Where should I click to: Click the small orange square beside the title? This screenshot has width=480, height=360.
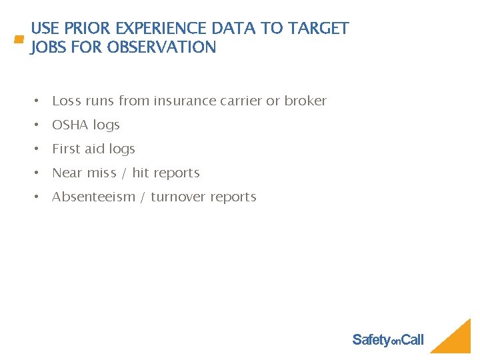pos(19,40)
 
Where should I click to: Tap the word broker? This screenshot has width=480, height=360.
pos(305,101)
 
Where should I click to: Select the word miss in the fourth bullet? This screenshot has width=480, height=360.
pos(101,173)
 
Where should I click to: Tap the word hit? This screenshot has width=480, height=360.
pos(141,173)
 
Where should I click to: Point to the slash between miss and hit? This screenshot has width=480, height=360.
pos(124,173)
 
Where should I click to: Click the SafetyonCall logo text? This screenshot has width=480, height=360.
pos(387,340)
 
